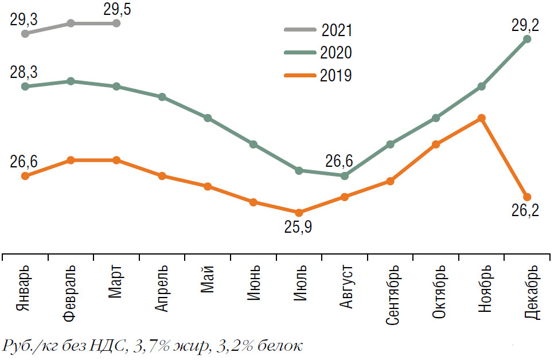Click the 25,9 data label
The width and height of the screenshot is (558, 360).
click(x=298, y=228)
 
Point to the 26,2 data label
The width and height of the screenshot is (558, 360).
click(x=525, y=211)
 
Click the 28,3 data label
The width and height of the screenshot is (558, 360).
click(x=24, y=72)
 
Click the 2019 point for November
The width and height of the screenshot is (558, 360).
click(x=482, y=118)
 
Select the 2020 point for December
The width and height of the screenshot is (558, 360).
click(x=528, y=39)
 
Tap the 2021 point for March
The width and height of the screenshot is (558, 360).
click(x=116, y=24)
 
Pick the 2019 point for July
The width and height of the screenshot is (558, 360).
click(x=299, y=213)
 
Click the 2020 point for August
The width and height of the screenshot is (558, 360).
click(x=345, y=175)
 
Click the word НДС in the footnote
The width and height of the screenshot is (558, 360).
click(x=112, y=347)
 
